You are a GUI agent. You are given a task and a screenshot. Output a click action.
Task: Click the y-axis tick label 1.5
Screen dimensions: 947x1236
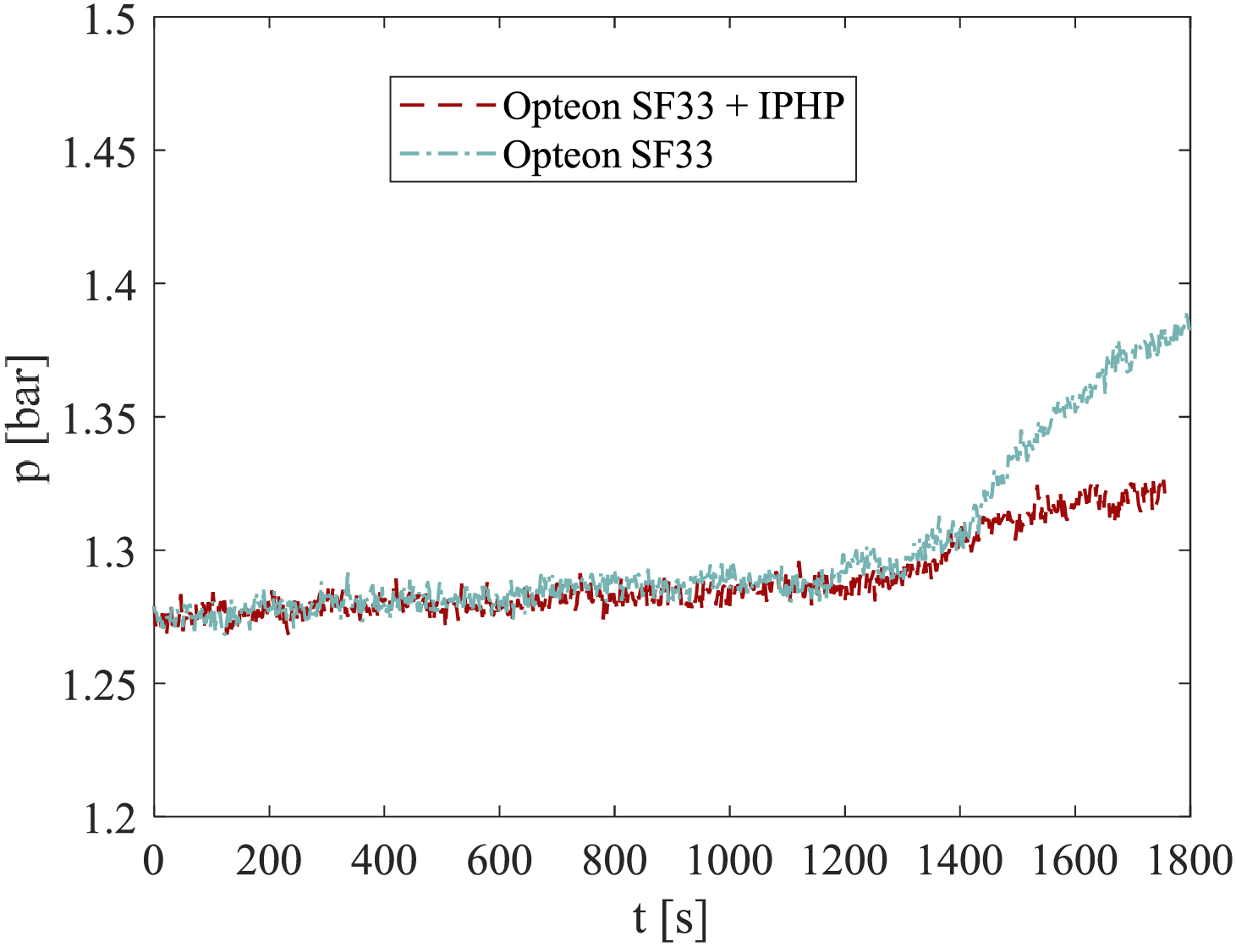coord(109,21)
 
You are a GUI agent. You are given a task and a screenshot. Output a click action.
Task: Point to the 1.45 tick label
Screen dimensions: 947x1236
coord(99,153)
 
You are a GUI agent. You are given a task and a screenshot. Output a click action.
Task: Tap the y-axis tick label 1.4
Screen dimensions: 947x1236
coord(109,287)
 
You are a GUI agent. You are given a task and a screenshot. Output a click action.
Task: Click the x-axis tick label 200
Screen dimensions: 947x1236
coord(269,861)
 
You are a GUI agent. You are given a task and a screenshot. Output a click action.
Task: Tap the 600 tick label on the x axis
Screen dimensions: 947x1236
coord(499,861)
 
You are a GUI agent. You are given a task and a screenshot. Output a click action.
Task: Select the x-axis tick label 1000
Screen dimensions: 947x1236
coord(729,861)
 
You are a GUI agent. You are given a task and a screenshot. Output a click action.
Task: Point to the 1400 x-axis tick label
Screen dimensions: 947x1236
coord(959,861)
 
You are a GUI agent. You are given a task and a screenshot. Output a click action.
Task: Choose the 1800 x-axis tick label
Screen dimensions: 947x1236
coord(1189,861)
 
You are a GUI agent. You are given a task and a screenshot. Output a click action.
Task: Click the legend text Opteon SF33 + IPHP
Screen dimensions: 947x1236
coord(673,107)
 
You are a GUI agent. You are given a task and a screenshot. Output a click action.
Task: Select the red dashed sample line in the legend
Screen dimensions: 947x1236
coord(447,106)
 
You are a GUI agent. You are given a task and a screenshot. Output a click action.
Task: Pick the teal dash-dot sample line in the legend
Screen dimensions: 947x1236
coord(447,154)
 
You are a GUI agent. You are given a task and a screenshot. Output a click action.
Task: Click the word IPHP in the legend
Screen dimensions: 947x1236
coord(801,107)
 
